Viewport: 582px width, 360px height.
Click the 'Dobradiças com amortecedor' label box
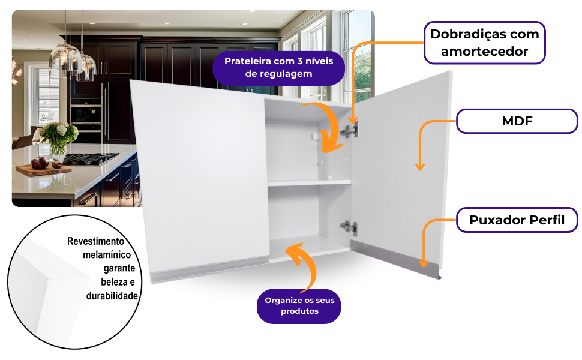coord(485,42)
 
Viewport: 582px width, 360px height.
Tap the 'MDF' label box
coord(517,121)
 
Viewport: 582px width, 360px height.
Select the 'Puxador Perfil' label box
coord(517,220)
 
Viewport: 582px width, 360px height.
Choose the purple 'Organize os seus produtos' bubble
coord(299,305)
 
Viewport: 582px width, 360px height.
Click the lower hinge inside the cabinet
coord(349,228)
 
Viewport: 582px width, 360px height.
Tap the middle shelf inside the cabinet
coord(308,182)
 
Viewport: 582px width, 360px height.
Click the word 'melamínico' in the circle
coord(107,255)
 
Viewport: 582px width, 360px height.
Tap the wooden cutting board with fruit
coord(43,169)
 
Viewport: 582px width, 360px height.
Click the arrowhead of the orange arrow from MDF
coord(420,167)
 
